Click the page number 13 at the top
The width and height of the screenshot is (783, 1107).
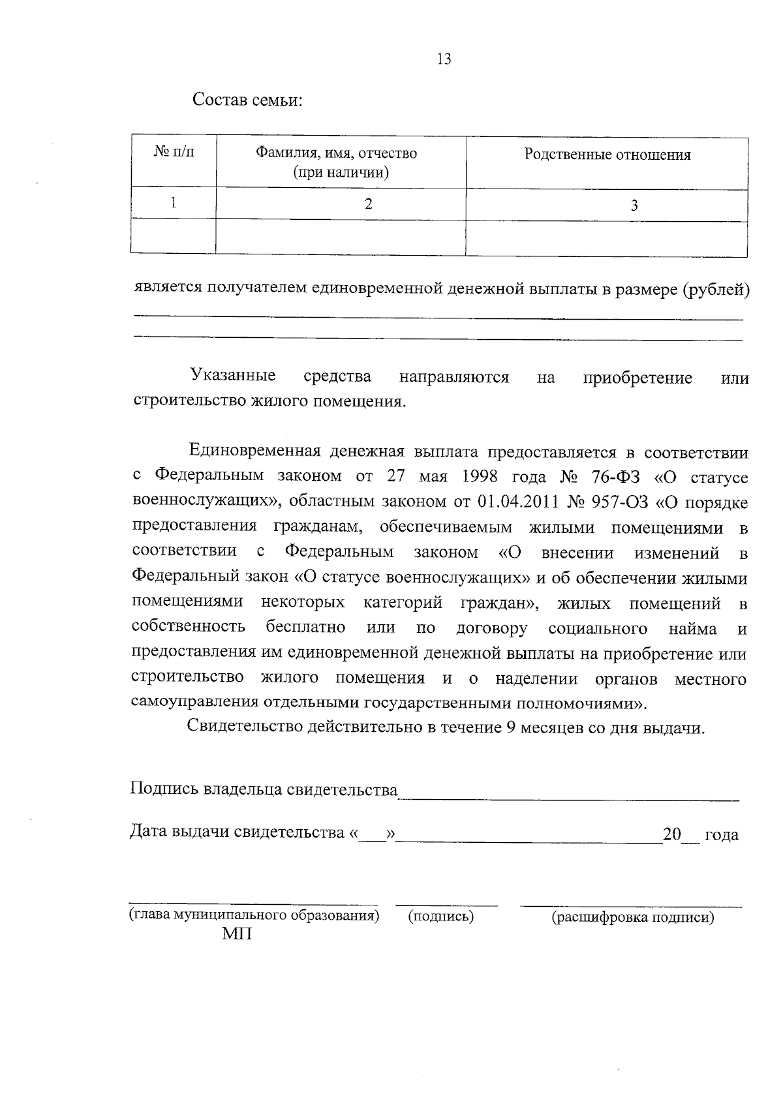point(444,59)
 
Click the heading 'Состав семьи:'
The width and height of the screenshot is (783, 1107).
point(247,102)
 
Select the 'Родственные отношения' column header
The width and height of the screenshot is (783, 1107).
point(607,155)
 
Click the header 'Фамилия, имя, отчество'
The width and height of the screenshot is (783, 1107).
point(336,154)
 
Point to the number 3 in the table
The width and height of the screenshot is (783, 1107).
point(634,206)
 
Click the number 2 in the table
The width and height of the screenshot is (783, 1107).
point(369,204)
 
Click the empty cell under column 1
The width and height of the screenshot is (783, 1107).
point(174,237)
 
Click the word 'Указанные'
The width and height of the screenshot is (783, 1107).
point(232,376)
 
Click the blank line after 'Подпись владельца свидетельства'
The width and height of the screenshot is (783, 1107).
point(568,793)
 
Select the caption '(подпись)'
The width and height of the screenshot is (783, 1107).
point(440,917)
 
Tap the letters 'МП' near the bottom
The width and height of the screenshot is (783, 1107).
point(236,935)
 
